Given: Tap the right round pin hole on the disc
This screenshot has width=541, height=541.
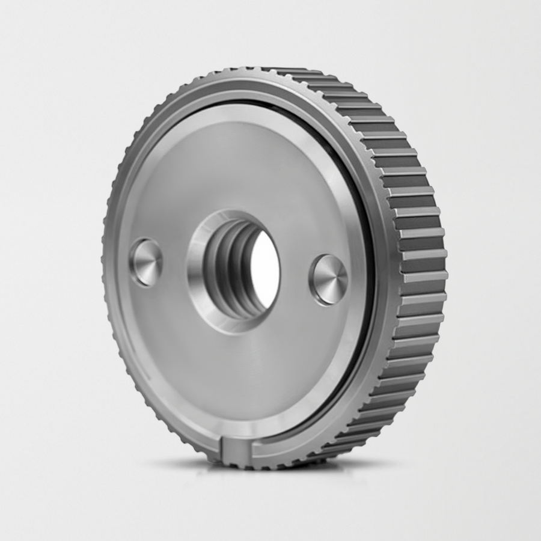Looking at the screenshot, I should pyautogui.click(x=329, y=280).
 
